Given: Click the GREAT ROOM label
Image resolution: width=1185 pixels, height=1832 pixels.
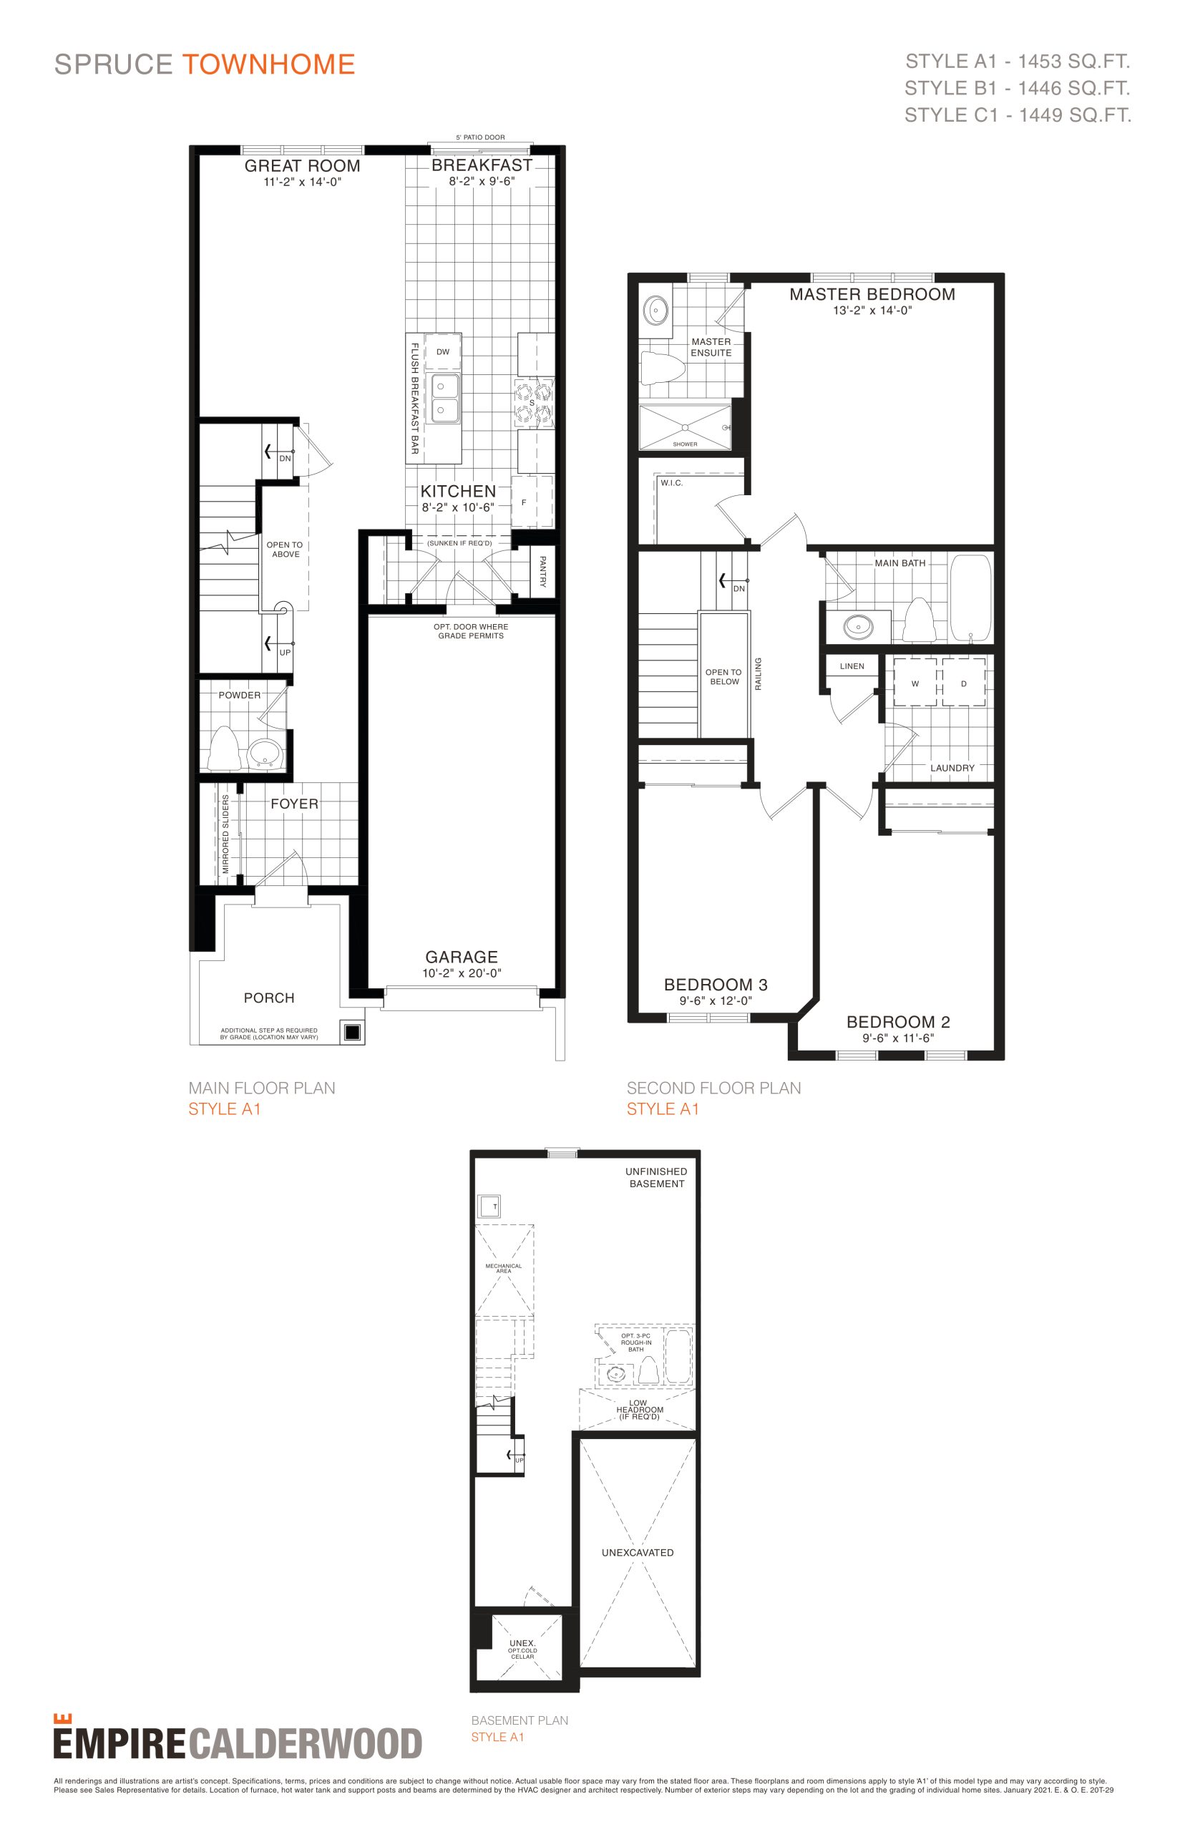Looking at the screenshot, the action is point(303,165).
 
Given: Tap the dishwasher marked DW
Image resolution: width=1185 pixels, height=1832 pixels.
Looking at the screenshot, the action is point(442,351).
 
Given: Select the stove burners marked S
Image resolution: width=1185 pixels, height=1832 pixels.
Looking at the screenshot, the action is point(534,403).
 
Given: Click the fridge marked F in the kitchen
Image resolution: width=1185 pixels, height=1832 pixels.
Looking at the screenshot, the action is point(532,502).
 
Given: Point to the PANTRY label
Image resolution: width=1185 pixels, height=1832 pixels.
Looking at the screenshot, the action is point(542,571).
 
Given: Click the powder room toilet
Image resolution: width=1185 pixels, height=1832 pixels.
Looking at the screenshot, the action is point(225,748).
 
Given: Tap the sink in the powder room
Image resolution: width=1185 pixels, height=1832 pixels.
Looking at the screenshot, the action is point(265,755).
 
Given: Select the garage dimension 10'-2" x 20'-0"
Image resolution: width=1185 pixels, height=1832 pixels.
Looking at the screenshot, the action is point(462,973).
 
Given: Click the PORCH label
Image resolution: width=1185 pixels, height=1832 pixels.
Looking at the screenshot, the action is point(269,998).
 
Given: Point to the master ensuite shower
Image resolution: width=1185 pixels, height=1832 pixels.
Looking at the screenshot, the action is point(685,427).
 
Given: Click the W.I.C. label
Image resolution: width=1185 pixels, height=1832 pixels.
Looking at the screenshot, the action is point(672,483).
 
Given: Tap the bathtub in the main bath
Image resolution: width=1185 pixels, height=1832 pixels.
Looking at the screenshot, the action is point(971,598).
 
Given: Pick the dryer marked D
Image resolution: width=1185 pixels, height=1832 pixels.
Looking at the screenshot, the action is point(963,683).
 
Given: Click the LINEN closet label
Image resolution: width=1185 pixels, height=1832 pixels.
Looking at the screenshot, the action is point(852,666).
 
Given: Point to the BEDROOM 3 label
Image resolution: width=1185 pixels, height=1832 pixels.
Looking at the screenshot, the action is point(716,985).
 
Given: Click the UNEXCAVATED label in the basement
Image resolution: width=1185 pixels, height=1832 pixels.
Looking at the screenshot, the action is point(638,1553).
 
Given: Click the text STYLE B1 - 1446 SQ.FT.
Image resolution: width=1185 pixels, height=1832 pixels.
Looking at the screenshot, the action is point(1018,88).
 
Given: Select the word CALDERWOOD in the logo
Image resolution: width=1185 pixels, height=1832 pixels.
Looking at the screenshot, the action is point(306,1743).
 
